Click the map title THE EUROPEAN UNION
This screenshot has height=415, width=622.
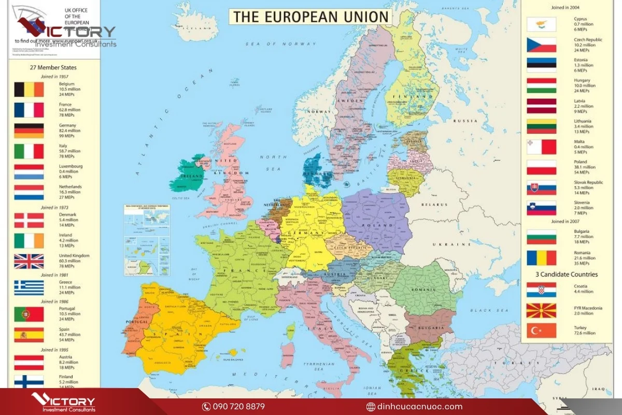[310, 17]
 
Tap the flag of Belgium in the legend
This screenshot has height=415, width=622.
[29, 90]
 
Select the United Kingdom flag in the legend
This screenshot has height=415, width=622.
[29, 261]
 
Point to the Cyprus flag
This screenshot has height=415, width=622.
[541, 24]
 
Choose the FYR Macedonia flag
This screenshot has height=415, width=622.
[541, 311]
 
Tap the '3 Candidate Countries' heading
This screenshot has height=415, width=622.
[566, 274]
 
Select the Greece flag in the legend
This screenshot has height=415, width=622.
[29, 287]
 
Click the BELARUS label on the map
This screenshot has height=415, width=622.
[433, 204]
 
